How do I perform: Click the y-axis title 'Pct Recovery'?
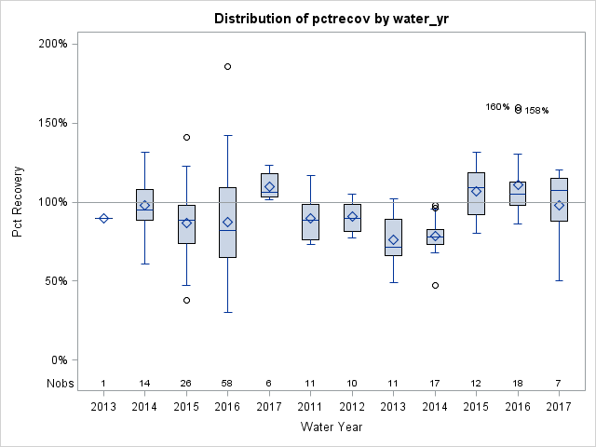[19, 202]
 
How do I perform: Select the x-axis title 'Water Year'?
[332, 427]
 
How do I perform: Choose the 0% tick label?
[58, 360]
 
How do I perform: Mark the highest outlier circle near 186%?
[227, 66]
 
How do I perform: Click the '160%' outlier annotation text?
[497, 107]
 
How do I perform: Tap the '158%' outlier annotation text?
[536, 111]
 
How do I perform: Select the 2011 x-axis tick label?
[311, 406]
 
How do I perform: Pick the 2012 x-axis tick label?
[352, 406]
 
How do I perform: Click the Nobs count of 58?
[227, 383]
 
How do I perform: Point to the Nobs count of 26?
[186, 383]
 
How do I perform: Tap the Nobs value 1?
[103, 383]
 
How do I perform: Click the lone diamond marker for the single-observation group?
[103, 218]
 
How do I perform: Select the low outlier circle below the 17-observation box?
[435, 285]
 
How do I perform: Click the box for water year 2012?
[352, 218]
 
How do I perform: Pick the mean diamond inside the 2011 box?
[311, 219]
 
